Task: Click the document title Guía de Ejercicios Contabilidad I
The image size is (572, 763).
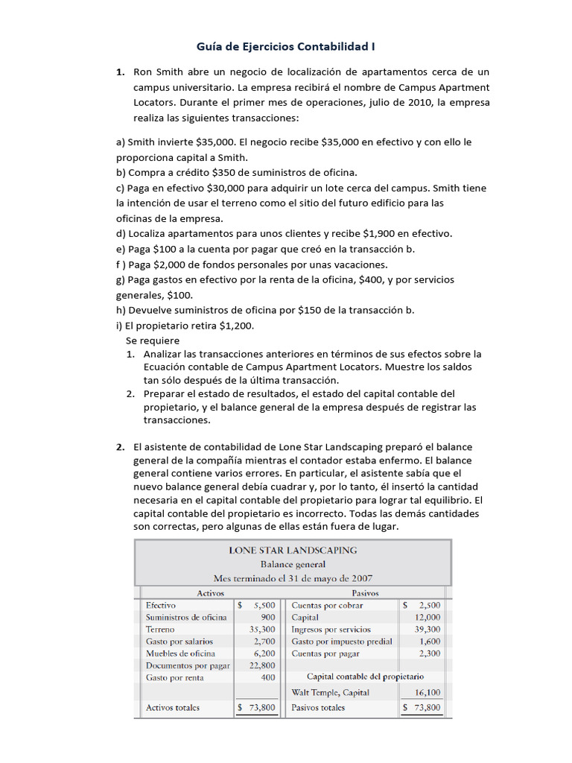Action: tap(285, 46)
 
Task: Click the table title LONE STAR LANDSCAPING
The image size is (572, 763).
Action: tap(292, 550)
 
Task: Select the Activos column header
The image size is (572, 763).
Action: tap(210, 593)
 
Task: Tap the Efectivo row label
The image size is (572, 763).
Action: tap(161, 606)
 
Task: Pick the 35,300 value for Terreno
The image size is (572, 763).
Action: tap(262, 630)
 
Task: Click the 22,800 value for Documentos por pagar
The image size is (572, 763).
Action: tap(262, 665)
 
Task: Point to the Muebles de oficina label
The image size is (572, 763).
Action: tap(180, 653)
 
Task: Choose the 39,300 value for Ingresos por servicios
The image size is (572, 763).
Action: tap(427, 630)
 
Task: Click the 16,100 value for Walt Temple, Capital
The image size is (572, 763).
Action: tap(427, 692)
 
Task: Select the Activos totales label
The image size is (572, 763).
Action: tap(173, 708)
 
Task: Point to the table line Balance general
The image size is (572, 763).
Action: tap(292, 564)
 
